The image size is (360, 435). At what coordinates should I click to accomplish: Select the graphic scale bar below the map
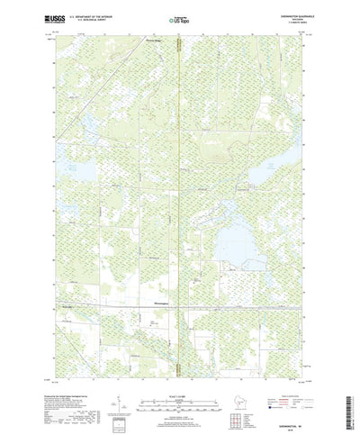click(x=180, y=389)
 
